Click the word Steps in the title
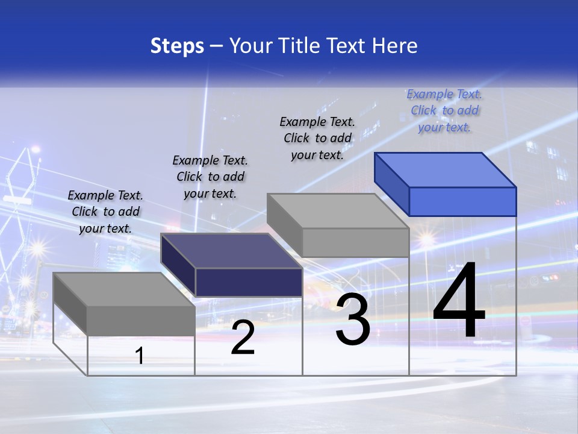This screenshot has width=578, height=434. click(x=177, y=46)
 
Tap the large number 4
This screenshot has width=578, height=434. click(x=459, y=301)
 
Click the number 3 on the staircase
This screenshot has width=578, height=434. click(x=353, y=319)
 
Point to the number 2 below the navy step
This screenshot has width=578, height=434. click(x=243, y=338)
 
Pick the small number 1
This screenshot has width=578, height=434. click(x=140, y=356)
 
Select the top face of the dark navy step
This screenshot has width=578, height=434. click(x=232, y=251)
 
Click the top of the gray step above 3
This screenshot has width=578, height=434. click(x=338, y=211)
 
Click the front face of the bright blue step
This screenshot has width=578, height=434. click(x=462, y=201)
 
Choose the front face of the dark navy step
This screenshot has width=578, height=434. click(x=249, y=282)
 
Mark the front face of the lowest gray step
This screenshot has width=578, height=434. click(x=141, y=320)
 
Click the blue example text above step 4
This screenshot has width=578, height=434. click(x=444, y=110)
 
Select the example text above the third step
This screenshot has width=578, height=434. click(x=317, y=138)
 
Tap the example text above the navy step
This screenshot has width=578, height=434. click(x=210, y=177)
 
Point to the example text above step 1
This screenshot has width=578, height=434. click(x=105, y=212)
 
